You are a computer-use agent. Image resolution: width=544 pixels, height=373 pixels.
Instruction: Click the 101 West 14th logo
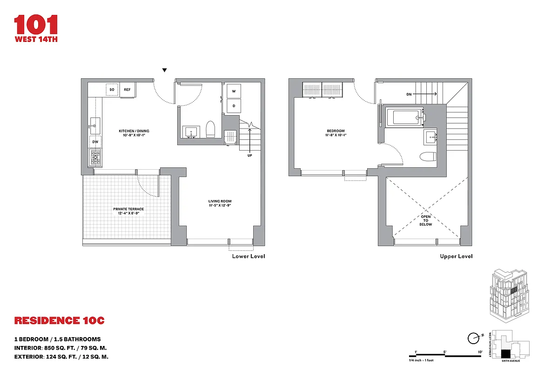(x=36, y=28)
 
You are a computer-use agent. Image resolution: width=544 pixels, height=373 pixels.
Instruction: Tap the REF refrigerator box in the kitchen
(x=127, y=89)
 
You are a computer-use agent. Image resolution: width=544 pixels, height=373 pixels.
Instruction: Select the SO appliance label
(x=112, y=89)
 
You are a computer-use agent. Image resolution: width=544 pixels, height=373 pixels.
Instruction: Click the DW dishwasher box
(x=95, y=142)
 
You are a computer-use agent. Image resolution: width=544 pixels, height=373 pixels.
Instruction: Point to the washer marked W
(x=234, y=91)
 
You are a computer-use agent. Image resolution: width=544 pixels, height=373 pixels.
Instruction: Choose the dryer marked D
(x=234, y=105)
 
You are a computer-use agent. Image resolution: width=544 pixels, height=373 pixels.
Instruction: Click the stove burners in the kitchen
(x=95, y=157)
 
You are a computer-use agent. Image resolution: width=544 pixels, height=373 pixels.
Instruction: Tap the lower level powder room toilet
(x=209, y=129)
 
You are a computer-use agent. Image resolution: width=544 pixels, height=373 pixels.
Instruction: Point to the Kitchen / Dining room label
(x=134, y=132)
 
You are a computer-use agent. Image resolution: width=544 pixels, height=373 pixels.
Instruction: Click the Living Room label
(x=220, y=203)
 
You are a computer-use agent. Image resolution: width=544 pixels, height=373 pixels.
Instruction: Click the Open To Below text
(x=425, y=221)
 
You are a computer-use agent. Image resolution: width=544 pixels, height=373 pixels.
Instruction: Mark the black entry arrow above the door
(x=164, y=70)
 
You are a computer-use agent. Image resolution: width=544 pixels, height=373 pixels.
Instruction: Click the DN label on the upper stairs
(x=409, y=94)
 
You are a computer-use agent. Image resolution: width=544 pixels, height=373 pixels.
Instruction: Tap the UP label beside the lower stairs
(x=250, y=155)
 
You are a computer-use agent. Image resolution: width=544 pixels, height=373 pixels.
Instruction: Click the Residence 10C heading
(x=60, y=321)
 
